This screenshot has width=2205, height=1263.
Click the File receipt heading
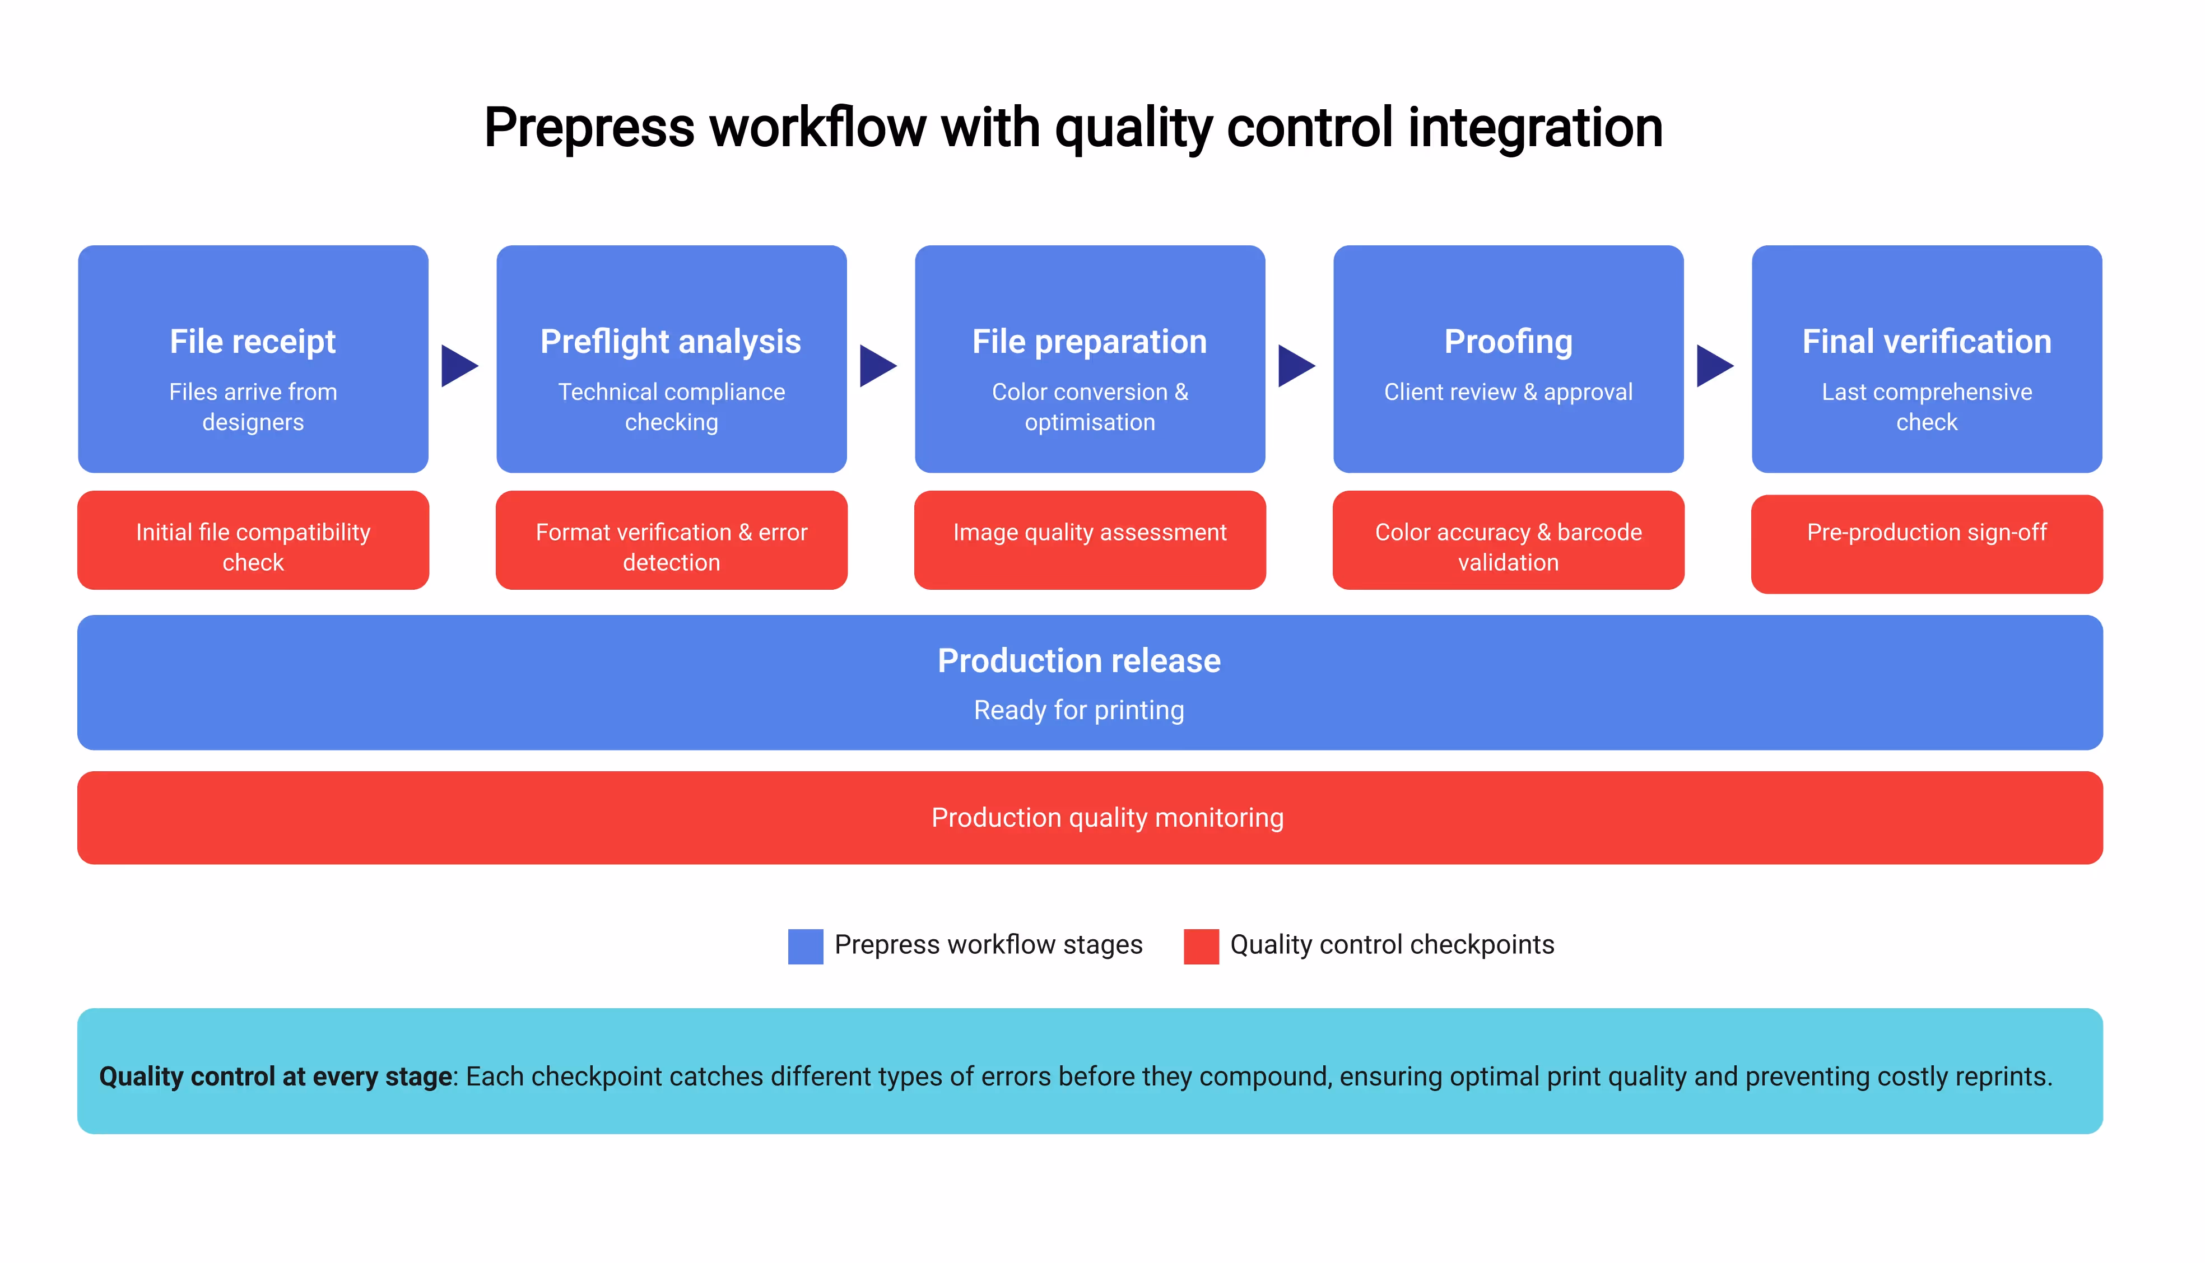[x=253, y=342]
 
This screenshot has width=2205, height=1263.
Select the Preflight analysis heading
[x=671, y=342]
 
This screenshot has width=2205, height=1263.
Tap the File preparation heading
[x=1090, y=342]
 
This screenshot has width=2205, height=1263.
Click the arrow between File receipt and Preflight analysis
[x=458, y=366]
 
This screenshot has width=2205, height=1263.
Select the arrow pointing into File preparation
[x=876, y=366]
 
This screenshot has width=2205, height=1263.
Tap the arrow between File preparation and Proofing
[x=1295, y=366]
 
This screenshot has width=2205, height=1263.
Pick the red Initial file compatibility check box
[x=253, y=540]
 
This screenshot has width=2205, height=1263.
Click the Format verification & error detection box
[x=671, y=540]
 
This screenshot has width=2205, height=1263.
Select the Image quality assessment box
[x=1090, y=540]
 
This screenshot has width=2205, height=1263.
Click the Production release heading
[x=1079, y=661]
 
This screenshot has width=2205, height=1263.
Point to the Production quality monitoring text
[x=1107, y=818]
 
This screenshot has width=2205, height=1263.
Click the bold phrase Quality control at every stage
[x=275, y=1076]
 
